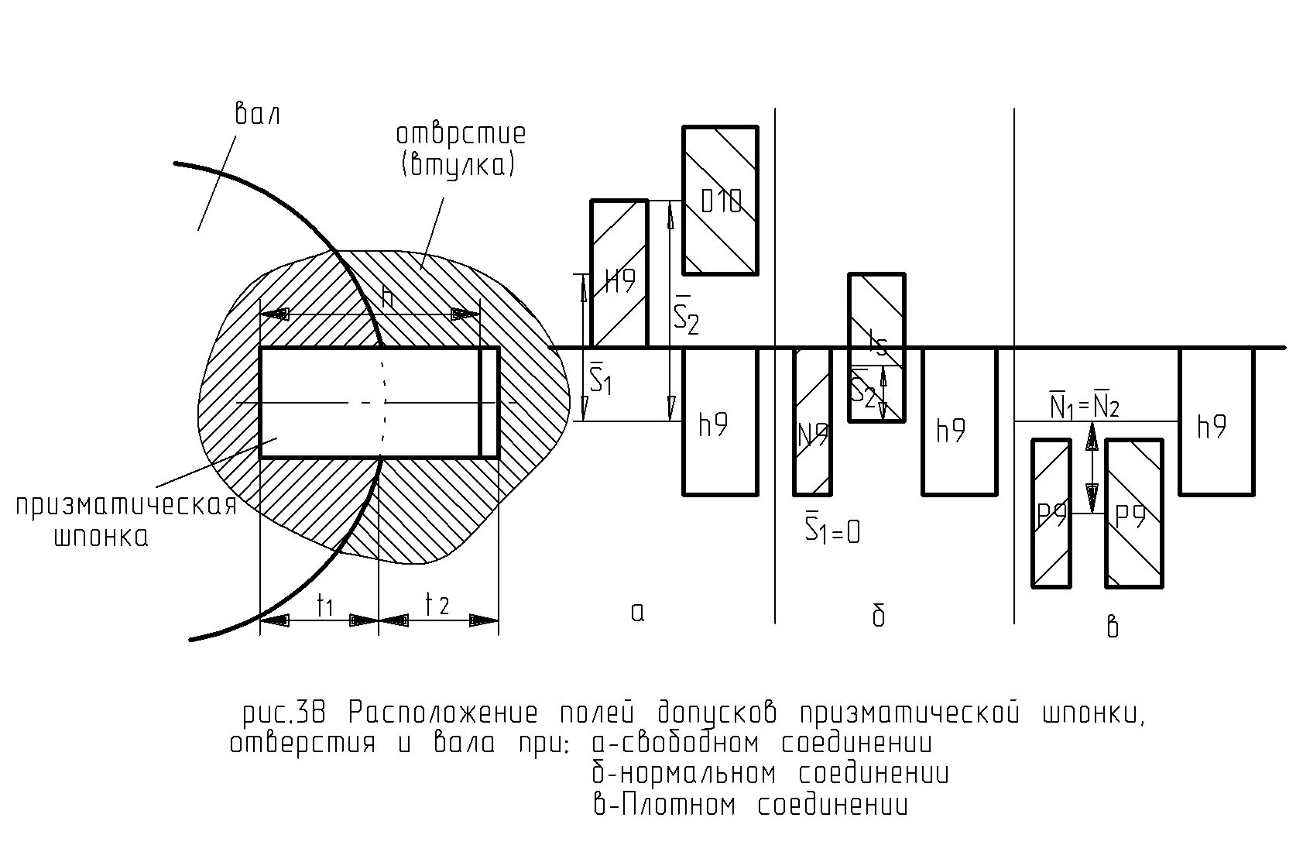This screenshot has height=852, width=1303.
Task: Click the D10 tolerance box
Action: click(x=720, y=200)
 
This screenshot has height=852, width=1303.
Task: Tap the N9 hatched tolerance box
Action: click(x=812, y=422)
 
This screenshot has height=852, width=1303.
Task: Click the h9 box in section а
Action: click(x=719, y=421)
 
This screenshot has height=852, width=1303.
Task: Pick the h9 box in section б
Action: click(x=958, y=421)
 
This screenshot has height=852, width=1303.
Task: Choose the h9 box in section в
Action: click(x=1216, y=421)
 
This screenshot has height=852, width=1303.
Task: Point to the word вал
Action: click(x=256, y=115)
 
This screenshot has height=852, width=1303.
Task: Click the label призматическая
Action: click(x=125, y=506)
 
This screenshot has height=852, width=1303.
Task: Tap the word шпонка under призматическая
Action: click(x=101, y=537)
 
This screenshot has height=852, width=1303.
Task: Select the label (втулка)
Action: click(x=458, y=165)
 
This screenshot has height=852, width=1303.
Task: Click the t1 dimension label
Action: click(x=324, y=606)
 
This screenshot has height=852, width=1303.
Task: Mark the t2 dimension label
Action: click(x=437, y=604)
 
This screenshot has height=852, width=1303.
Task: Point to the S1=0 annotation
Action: click(x=832, y=529)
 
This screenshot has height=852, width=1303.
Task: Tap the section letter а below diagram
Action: click(x=637, y=613)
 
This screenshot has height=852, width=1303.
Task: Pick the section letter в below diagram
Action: click(x=1113, y=626)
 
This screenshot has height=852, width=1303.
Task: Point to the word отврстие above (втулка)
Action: click(x=461, y=133)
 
